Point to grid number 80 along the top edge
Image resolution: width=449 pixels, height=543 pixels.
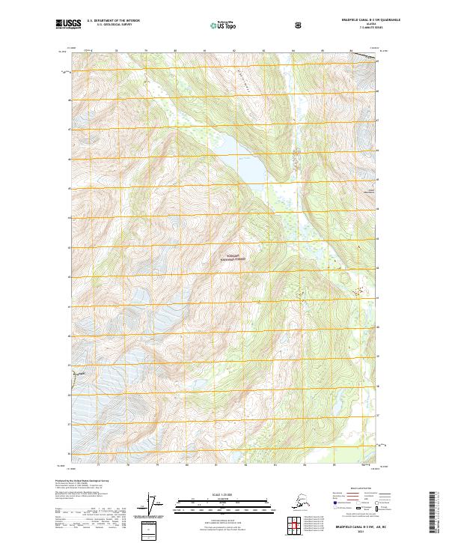point(174,51)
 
